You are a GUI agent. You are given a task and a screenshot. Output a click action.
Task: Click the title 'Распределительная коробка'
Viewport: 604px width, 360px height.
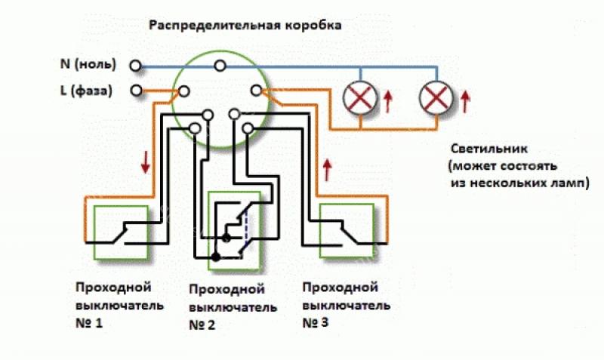pos(245,25)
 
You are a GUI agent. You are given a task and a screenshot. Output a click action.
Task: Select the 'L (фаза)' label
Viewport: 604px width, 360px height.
pos(85,91)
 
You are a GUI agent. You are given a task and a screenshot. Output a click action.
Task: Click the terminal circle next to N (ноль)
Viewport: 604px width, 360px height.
pos(136,66)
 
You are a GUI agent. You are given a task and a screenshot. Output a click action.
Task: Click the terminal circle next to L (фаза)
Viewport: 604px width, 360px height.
pos(136,91)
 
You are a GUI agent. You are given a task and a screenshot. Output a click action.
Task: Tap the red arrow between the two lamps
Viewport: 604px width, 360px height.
pos(389,100)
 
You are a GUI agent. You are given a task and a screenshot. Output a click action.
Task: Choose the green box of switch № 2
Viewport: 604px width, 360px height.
pos(234,230)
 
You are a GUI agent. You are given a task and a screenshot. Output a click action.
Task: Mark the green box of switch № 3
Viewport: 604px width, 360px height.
pos(347,231)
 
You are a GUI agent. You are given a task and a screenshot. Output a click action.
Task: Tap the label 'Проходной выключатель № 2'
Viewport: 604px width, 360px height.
pos(226,308)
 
